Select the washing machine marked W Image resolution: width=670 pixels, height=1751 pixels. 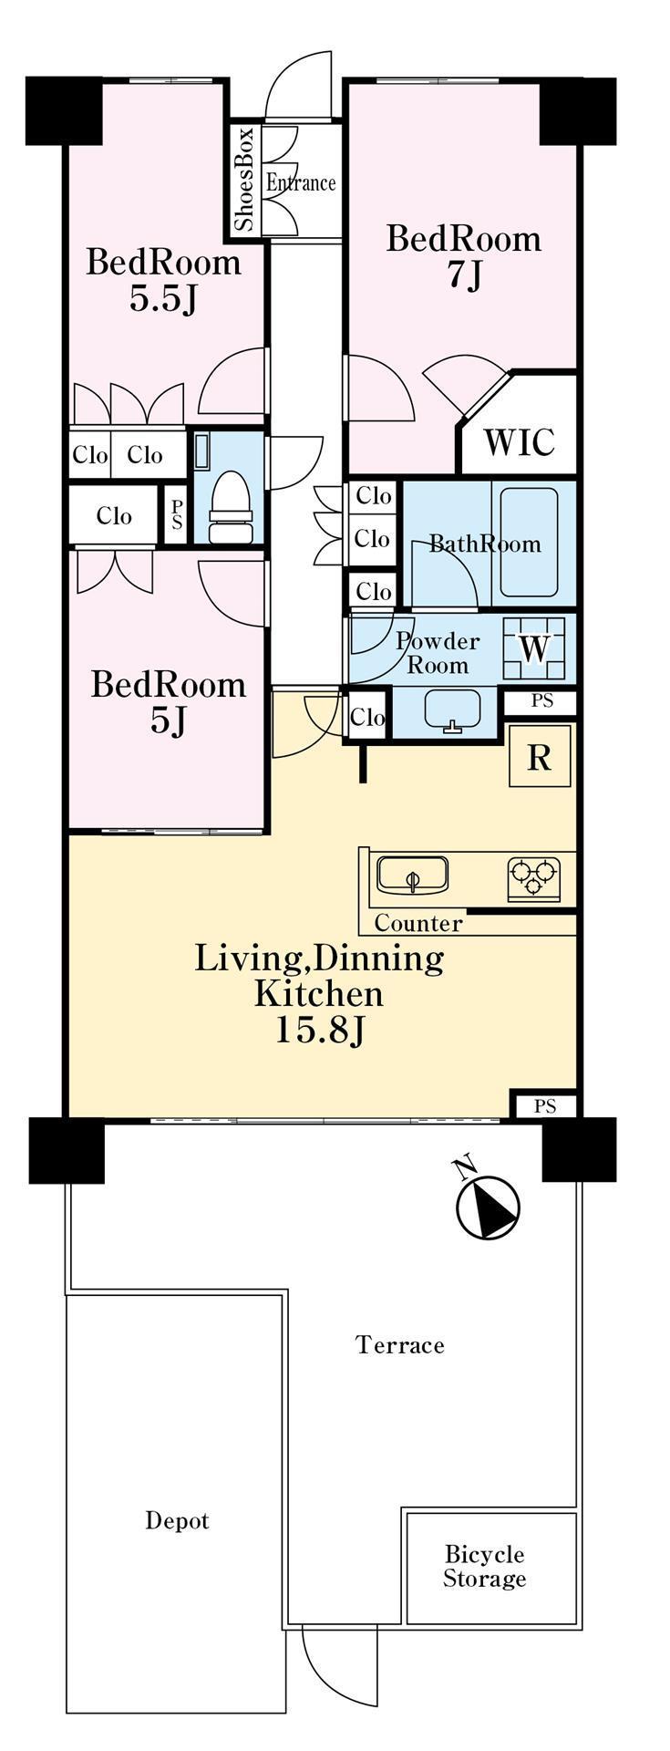tap(535, 648)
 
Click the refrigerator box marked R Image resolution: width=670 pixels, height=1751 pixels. tap(540, 756)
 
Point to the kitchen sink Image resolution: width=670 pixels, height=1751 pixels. tap(412, 875)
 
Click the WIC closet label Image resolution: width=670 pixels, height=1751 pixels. tap(519, 441)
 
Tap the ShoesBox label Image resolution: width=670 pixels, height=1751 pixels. tap(245, 179)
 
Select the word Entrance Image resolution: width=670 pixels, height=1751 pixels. tap(301, 183)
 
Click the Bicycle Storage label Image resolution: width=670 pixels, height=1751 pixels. tap(484, 1566)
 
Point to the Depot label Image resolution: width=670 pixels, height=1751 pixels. tap(178, 1521)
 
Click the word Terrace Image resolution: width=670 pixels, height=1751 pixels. tap(400, 1344)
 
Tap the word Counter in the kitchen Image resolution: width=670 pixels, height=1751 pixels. tap(418, 923)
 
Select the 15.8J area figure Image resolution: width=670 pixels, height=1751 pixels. tap(320, 1031)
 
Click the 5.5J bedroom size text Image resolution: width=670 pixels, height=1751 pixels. tap(164, 299)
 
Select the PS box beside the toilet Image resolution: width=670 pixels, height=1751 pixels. tap(177, 516)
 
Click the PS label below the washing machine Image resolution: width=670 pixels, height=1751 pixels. tap(542, 702)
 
